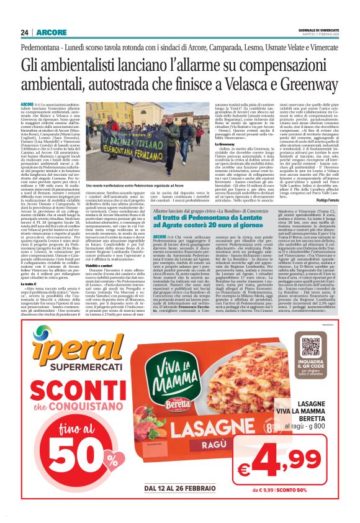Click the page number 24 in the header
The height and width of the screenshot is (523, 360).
(25, 32)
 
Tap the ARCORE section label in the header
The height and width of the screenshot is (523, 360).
(51, 32)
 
